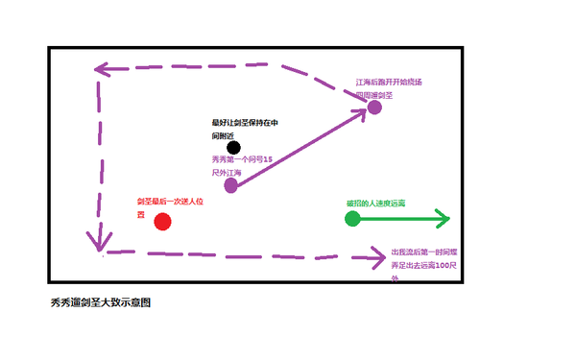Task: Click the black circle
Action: click(x=234, y=147)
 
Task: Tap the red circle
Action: click(x=162, y=223)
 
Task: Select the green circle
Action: click(x=352, y=219)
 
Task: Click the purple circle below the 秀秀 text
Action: click(x=230, y=185)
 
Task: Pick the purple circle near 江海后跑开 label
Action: click(x=375, y=107)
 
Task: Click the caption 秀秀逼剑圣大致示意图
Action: click(x=100, y=302)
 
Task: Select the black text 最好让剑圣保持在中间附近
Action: click(x=245, y=129)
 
